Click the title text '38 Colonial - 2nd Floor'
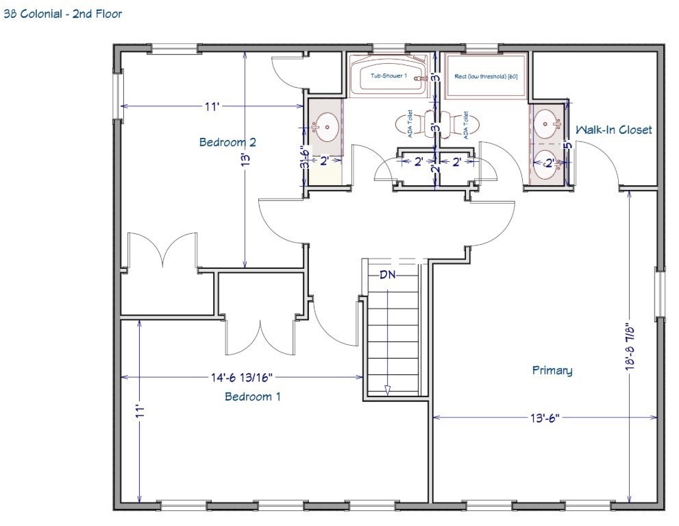(63, 14)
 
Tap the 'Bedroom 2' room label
(227, 143)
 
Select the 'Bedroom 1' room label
(252, 396)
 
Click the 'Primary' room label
(552, 370)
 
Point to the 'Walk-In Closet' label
(613, 130)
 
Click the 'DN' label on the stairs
(388, 274)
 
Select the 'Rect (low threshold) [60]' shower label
(486, 76)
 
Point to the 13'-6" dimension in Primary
(545, 416)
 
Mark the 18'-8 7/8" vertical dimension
(630, 346)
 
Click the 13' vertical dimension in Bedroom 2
(245, 160)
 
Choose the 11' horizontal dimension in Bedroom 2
(212, 106)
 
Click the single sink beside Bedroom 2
(325, 126)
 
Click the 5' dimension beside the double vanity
(567, 145)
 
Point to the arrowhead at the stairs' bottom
(387, 390)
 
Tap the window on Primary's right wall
(659, 294)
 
